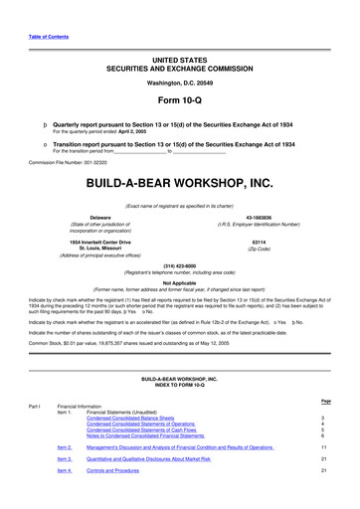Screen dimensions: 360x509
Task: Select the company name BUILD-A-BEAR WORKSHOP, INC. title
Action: (x=179, y=185)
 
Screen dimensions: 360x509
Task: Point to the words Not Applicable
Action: (x=179, y=281)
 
